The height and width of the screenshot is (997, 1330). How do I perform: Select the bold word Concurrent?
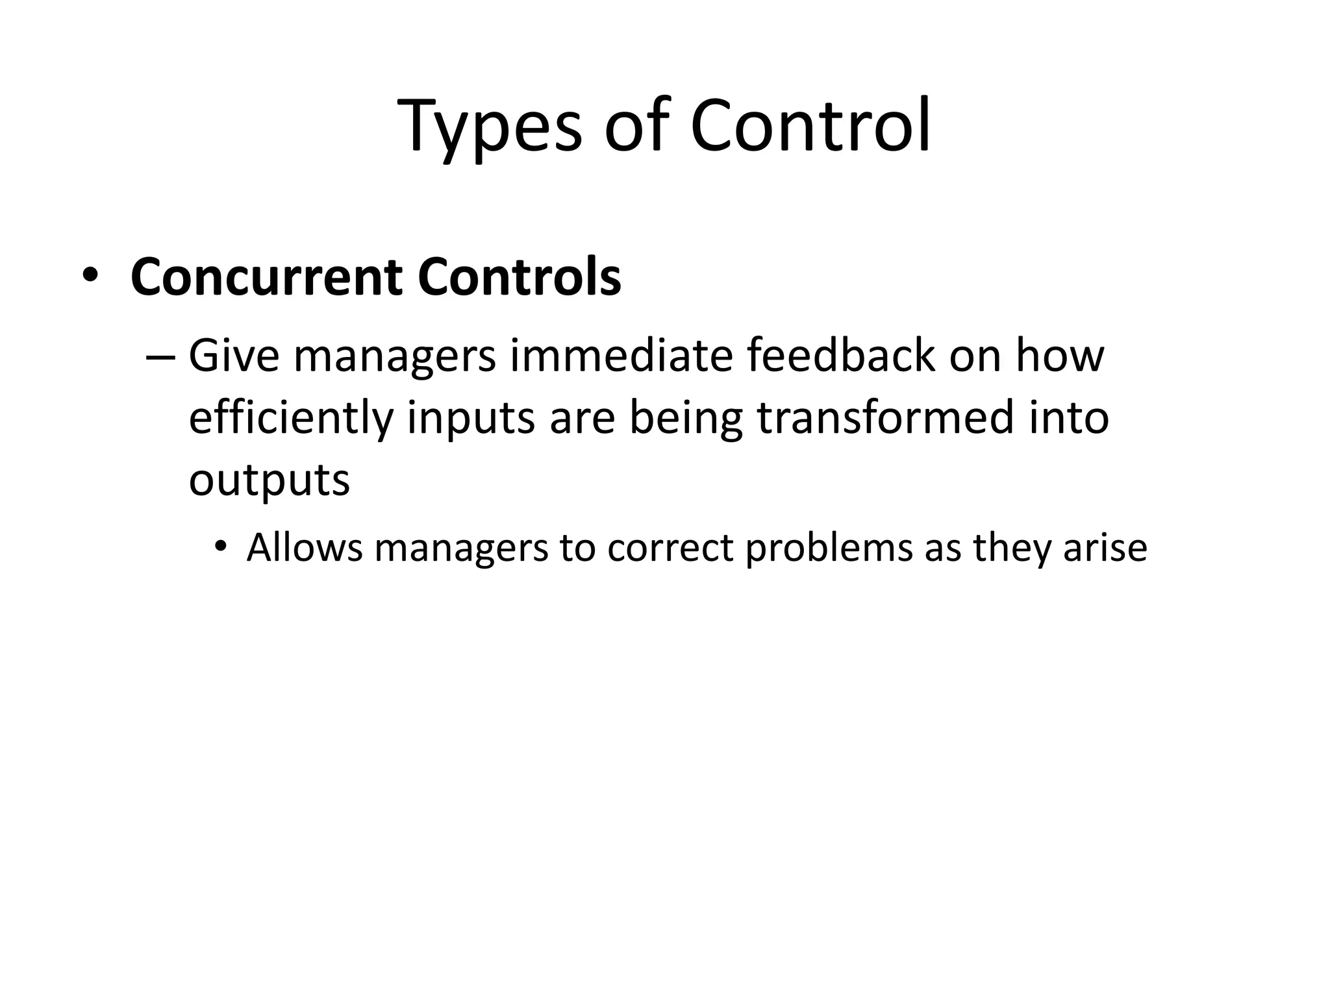point(266,278)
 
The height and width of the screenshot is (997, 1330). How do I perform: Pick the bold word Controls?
point(520,278)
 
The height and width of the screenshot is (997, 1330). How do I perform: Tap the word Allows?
point(305,547)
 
